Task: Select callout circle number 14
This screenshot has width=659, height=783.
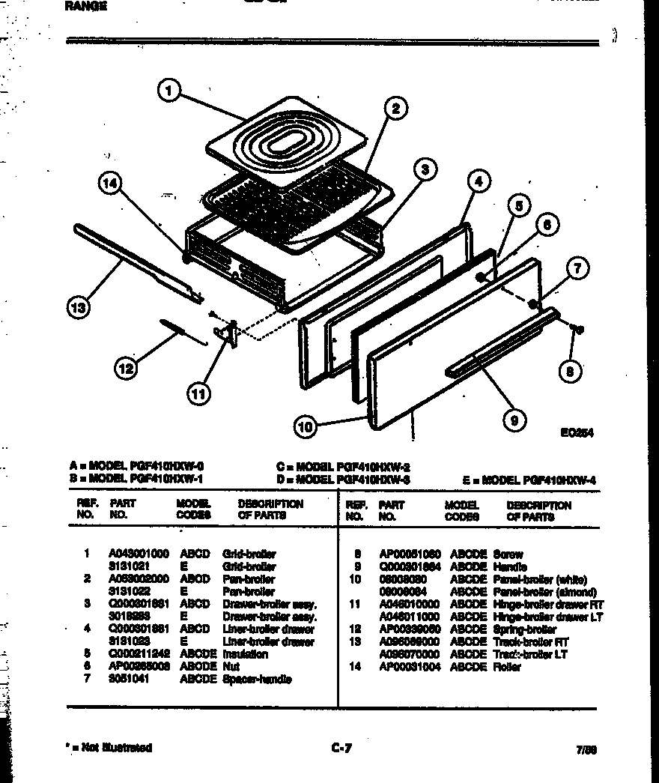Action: [x=111, y=184]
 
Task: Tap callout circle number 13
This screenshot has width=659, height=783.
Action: [x=78, y=307]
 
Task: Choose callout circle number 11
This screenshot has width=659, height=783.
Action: [x=199, y=393]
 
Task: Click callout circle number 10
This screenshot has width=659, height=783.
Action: [x=305, y=427]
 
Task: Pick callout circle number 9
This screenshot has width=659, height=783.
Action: [x=514, y=420]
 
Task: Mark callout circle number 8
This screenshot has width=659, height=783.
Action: [x=573, y=371]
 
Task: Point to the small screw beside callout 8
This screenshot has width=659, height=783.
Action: [x=578, y=328]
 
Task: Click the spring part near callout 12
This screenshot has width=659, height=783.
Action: [x=180, y=330]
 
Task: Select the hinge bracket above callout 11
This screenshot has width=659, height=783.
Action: [x=226, y=331]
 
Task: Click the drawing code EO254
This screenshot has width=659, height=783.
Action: [x=577, y=432]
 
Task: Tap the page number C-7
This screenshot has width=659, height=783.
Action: [x=341, y=747]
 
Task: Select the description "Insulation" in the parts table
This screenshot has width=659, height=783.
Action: [x=246, y=654]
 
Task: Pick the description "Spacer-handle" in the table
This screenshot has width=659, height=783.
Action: [x=257, y=679]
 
